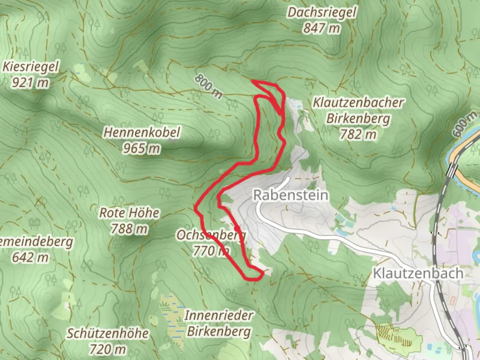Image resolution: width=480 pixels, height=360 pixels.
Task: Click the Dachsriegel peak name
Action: click(322, 13)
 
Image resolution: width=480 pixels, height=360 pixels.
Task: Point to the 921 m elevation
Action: click(30, 82)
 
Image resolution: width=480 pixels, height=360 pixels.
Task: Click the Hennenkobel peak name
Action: click(142, 132)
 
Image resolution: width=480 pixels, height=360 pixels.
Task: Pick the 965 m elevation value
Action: click(141, 148)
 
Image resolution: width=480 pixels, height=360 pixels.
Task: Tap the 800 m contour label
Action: click(208, 86)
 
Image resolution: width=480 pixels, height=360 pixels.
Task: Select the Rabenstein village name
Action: click(291, 195)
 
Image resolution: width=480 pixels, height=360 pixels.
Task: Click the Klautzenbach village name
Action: click(418, 273)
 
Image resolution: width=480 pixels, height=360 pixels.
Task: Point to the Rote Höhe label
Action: click(130, 213)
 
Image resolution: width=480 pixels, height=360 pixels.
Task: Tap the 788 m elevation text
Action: click(129, 229)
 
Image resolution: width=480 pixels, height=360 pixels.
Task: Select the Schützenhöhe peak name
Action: click(108, 333)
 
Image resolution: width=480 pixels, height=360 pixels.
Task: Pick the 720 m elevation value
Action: click(108, 349)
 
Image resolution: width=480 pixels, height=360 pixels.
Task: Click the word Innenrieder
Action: click(219, 316)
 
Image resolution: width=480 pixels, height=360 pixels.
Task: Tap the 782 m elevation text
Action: click(358, 134)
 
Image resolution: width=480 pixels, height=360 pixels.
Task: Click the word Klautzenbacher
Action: click(358, 103)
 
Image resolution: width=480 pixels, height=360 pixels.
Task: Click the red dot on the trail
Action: click(237, 229)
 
